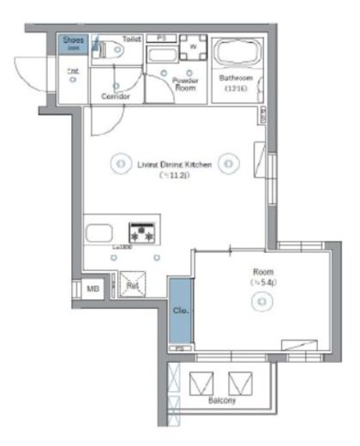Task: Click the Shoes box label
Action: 73,39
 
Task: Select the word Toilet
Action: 132,39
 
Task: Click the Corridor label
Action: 116,96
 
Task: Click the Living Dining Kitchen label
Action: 174,162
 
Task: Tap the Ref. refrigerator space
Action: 134,286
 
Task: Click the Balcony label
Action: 222,401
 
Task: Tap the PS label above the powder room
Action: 160,38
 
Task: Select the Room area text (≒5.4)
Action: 262,281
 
